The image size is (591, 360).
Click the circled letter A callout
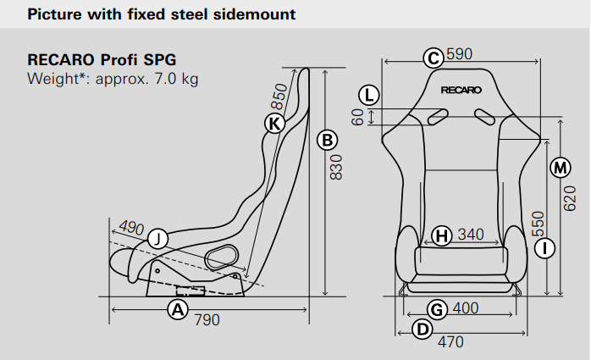[177, 309]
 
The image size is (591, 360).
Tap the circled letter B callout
[327, 140]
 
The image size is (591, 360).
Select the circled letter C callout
[434, 57]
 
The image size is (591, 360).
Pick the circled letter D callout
[420, 329]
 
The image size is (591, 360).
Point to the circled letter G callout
[437, 309]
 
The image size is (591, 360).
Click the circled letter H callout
[441, 235]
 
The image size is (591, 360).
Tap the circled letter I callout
[545, 248]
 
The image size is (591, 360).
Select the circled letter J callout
[157, 239]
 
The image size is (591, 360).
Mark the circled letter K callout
[273, 124]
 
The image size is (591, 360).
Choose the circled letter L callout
[368, 94]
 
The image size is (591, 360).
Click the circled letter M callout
[560, 168]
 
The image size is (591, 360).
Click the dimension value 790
[207, 320]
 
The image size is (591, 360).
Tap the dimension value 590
[459, 55]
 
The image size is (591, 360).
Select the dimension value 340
[471, 235]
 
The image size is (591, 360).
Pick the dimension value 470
[450, 342]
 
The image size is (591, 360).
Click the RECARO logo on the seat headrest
[461, 89]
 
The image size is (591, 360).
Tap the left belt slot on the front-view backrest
[438, 117]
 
